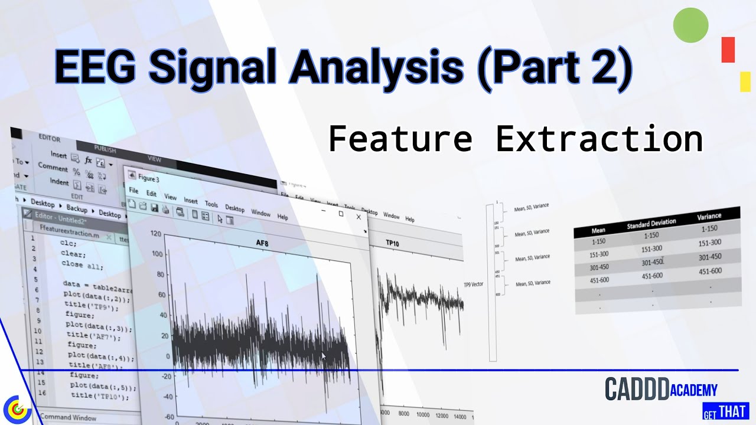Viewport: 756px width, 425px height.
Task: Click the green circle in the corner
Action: point(690,25)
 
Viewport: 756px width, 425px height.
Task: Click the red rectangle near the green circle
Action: point(728,50)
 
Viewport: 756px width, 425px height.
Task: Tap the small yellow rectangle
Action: point(745,81)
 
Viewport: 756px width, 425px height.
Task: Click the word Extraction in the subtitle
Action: point(599,139)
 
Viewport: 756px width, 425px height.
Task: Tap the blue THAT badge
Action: point(732,411)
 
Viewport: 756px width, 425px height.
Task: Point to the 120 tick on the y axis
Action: point(155,234)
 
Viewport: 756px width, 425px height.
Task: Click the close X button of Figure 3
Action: point(358,217)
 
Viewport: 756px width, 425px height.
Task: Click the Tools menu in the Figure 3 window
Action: point(211,204)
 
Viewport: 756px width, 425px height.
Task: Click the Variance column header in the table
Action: point(709,216)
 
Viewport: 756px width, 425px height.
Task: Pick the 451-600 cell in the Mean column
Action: point(600,280)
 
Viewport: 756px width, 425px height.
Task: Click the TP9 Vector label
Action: point(473,284)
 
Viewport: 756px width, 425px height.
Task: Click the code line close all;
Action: point(82,266)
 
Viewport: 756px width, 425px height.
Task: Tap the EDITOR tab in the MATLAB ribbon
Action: point(49,139)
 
